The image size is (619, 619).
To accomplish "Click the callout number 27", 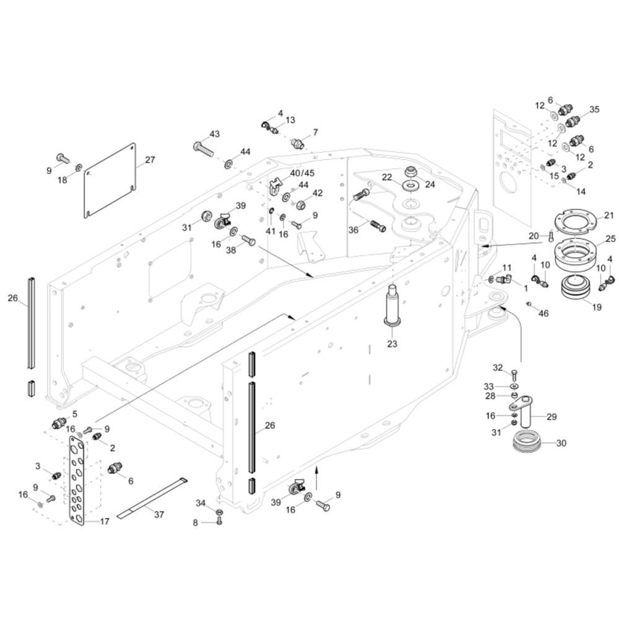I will [x=150, y=159].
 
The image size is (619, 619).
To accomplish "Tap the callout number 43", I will [x=214, y=134].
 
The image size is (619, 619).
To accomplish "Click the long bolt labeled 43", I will [x=203, y=148].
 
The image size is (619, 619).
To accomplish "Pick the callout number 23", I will [x=392, y=344].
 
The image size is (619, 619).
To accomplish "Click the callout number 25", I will [x=610, y=238].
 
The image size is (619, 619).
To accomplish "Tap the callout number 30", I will [x=561, y=443].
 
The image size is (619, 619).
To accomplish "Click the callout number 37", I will [x=159, y=514].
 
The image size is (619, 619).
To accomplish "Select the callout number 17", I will [x=105, y=522].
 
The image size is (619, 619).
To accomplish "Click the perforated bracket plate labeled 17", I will [x=77, y=480].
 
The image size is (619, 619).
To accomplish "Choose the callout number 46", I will [x=543, y=314].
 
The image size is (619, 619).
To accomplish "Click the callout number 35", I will [x=594, y=110].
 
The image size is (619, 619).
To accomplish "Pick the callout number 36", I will [x=353, y=230].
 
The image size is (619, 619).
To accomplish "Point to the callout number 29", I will [x=552, y=417].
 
